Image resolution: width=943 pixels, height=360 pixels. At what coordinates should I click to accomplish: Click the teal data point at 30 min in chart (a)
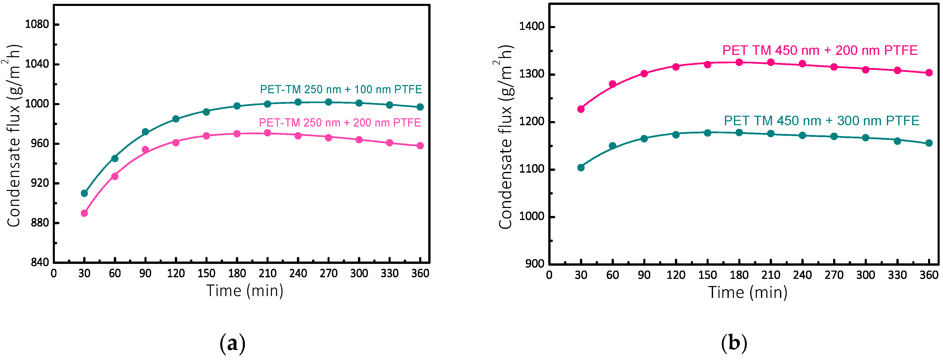point(84,193)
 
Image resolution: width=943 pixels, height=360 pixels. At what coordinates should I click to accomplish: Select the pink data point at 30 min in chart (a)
point(84,213)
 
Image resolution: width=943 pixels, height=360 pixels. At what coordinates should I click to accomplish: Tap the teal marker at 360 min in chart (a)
point(420,107)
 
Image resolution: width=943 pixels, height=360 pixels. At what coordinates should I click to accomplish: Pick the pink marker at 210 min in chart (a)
point(268,133)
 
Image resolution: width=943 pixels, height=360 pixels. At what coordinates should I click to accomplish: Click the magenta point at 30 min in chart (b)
point(581,109)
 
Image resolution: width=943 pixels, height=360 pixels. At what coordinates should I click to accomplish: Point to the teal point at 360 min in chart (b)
point(929,143)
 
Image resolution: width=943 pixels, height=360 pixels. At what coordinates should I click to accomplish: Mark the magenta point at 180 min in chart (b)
point(739,62)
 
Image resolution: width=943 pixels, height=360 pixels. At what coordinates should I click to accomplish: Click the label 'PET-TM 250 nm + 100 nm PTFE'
point(341,89)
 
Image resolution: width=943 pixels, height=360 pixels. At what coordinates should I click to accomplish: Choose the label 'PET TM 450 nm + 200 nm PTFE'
point(820,50)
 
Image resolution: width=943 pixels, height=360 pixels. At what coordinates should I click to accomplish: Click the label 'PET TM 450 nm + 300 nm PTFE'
point(821,121)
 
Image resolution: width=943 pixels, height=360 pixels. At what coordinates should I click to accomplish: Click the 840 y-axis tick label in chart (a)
point(40,262)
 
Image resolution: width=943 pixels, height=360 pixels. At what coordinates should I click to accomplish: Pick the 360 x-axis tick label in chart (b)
point(929,275)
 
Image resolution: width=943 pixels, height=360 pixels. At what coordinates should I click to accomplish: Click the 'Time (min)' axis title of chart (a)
point(245,291)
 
